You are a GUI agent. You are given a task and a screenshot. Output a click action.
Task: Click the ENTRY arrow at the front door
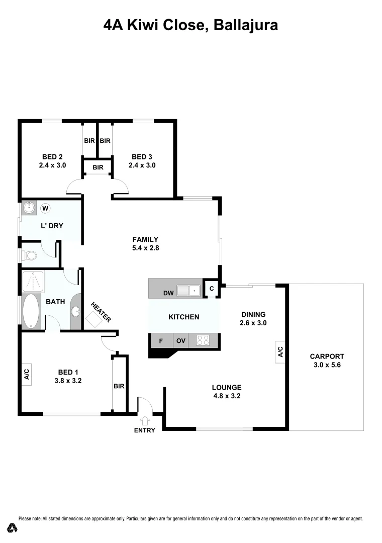[x=145, y=420]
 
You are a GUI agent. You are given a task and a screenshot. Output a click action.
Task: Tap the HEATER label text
[x=101, y=312]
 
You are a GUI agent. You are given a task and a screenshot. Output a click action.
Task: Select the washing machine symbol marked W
[x=45, y=208]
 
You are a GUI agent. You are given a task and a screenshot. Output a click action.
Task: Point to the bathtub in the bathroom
[x=31, y=311]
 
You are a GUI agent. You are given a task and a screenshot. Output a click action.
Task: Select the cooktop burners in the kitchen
[x=203, y=340]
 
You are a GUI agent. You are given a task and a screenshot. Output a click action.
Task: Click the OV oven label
[x=181, y=341]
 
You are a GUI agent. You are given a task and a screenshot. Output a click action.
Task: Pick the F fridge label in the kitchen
[x=161, y=341]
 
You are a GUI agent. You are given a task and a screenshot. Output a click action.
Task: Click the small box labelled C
[x=212, y=288]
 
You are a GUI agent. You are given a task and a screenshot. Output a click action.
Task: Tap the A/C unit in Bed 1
[x=26, y=374]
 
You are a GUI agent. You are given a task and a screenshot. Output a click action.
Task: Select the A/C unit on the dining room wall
[x=280, y=351]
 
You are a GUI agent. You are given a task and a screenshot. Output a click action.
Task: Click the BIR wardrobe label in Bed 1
[x=119, y=386]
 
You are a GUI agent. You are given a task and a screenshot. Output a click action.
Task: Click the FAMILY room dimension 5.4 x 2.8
[x=145, y=247]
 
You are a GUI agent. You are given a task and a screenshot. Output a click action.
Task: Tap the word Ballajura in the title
[x=246, y=25]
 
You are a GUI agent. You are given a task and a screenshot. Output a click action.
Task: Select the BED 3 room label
[x=142, y=156]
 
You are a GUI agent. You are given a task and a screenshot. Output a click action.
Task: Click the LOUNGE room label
[x=226, y=387]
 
